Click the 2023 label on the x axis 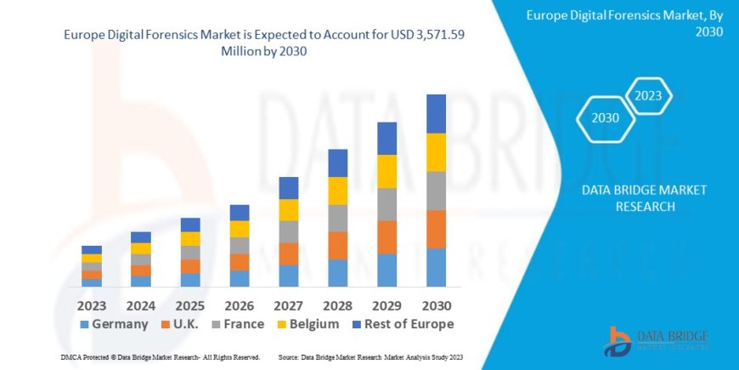[x=92, y=304]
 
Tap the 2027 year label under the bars [x=289, y=304]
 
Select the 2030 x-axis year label [x=436, y=304]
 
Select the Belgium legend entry [x=308, y=324]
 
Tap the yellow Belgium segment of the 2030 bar [x=436, y=152]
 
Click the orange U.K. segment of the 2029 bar [x=386, y=237]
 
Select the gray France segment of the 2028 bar [x=338, y=218]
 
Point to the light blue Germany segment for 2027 [x=289, y=275]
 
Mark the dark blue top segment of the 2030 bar [x=436, y=113]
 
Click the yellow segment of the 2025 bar [x=190, y=239]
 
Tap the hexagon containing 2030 [x=605, y=118]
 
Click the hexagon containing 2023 [x=648, y=95]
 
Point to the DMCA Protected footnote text [x=161, y=358]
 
